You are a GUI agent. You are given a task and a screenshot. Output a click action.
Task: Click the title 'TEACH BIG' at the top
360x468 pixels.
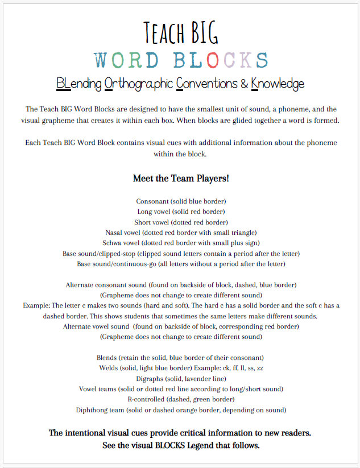pyautogui.click(x=181, y=32)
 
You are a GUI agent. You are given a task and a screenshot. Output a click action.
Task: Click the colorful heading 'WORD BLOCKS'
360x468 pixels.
pyautogui.click(x=181, y=59)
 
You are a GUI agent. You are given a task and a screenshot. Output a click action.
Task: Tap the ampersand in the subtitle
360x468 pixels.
pyautogui.click(x=243, y=84)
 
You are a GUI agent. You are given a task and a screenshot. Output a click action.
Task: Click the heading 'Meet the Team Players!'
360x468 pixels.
pyautogui.click(x=181, y=178)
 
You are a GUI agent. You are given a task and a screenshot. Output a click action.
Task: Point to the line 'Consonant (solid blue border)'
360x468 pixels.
pyautogui.click(x=181, y=201)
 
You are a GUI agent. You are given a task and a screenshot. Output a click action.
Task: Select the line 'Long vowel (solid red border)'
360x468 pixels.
pyautogui.click(x=181, y=212)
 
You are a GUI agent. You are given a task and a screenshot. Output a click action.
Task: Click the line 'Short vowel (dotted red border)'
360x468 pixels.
pyautogui.click(x=181, y=222)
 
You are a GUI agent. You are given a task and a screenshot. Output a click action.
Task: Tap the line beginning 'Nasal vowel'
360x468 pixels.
pyautogui.click(x=181, y=232)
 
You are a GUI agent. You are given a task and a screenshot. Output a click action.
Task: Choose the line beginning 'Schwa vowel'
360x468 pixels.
pyautogui.click(x=181, y=242)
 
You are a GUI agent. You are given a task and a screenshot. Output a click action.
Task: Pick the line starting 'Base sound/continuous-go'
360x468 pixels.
pyautogui.click(x=181, y=263)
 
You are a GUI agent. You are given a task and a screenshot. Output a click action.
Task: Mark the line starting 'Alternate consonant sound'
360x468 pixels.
pyautogui.click(x=181, y=284)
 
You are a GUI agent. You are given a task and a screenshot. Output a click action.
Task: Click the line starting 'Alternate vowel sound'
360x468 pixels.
pyautogui.click(x=181, y=326)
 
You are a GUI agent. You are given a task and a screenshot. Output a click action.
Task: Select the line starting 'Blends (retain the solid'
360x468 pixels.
pyautogui.click(x=181, y=357)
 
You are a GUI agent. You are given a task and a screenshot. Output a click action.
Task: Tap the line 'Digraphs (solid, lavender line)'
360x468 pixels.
pyautogui.click(x=181, y=378)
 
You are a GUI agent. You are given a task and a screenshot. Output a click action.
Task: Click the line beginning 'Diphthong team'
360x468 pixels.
pyautogui.click(x=181, y=409)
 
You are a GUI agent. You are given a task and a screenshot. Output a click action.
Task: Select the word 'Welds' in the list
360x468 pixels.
pyautogui.click(x=109, y=368)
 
